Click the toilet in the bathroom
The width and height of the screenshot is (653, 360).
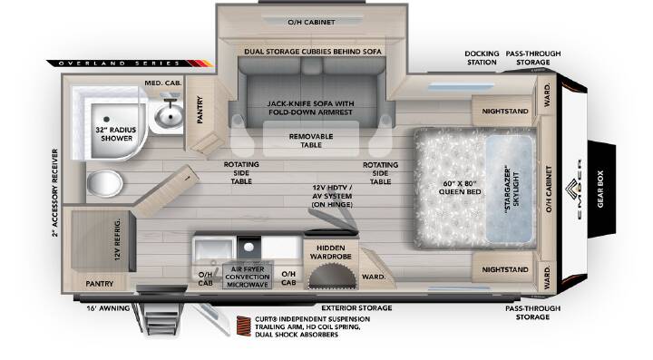[x=104, y=182]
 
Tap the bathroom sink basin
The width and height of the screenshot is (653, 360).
[x=169, y=115]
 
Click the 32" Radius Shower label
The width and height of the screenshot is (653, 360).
[x=116, y=134]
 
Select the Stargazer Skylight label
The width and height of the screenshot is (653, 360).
[x=512, y=190]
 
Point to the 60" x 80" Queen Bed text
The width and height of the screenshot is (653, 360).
[x=460, y=188]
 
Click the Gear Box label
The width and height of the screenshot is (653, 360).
[x=600, y=189]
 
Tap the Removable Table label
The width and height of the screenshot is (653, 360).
[x=311, y=141]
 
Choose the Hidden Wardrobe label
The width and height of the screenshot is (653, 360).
[x=331, y=252]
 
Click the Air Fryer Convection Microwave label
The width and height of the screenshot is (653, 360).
[x=248, y=277]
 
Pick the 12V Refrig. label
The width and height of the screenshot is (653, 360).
[x=117, y=239]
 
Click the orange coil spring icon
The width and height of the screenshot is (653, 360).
[x=244, y=326]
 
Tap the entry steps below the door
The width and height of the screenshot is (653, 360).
[x=160, y=317]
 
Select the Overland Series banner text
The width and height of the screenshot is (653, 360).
[x=119, y=63]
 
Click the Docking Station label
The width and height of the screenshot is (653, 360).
[x=482, y=58]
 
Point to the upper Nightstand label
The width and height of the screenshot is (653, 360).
[x=505, y=112]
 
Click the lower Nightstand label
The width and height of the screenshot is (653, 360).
[x=505, y=269]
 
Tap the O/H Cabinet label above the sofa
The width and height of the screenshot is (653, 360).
[x=311, y=22]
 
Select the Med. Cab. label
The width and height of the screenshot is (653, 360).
[x=163, y=83]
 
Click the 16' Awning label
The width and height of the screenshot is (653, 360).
[x=108, y=308]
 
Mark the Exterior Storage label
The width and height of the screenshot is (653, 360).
[x=356, y=308]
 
